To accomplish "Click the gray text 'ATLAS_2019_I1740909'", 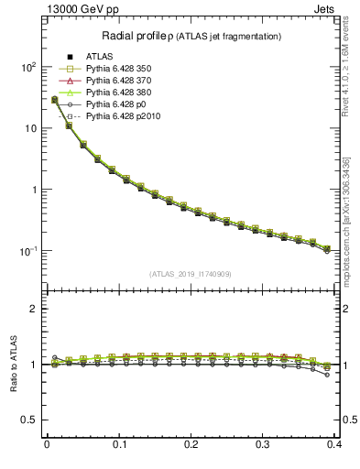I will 191,274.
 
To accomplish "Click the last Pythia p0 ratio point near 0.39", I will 327,375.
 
